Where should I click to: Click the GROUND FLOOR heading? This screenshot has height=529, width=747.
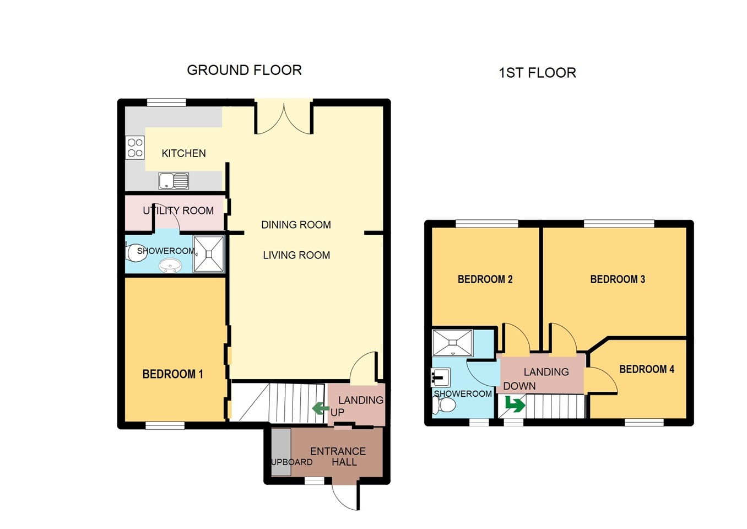(x=244, y=70)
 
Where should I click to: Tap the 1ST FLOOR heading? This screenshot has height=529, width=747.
(x=537, y=73)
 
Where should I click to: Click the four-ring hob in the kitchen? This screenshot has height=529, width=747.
(x=135, y=148)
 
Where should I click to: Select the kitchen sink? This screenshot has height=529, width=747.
(x=174, y=181)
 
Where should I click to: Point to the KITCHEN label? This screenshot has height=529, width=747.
(x=184, y=153)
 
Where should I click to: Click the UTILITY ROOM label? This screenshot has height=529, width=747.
(x=178, y=210)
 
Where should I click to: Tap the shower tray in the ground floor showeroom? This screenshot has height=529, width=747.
(x=209, y=254)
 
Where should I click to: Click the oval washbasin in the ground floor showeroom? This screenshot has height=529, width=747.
(x=170, y=266)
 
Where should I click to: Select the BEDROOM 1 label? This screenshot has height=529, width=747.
(x=173, y=374)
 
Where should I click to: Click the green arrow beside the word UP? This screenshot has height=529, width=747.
(x=321, y=408)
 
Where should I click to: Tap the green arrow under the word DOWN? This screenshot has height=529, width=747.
(x=515, y=404)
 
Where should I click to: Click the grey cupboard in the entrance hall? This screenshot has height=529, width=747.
(x=281, y=452)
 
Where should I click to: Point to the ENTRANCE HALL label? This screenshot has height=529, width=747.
(x=338, y=457)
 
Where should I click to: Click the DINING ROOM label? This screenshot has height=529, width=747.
(x=296, y=225)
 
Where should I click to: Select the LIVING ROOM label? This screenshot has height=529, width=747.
(x=296, y=255)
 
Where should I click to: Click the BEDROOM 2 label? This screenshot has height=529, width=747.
(x=485, y=279)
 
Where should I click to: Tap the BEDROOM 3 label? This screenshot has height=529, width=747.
(x=618, y=279)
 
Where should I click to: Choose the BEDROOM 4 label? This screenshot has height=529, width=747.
(x=647, y=369)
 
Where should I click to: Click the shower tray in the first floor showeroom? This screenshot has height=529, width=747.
(x=452, y=343)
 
